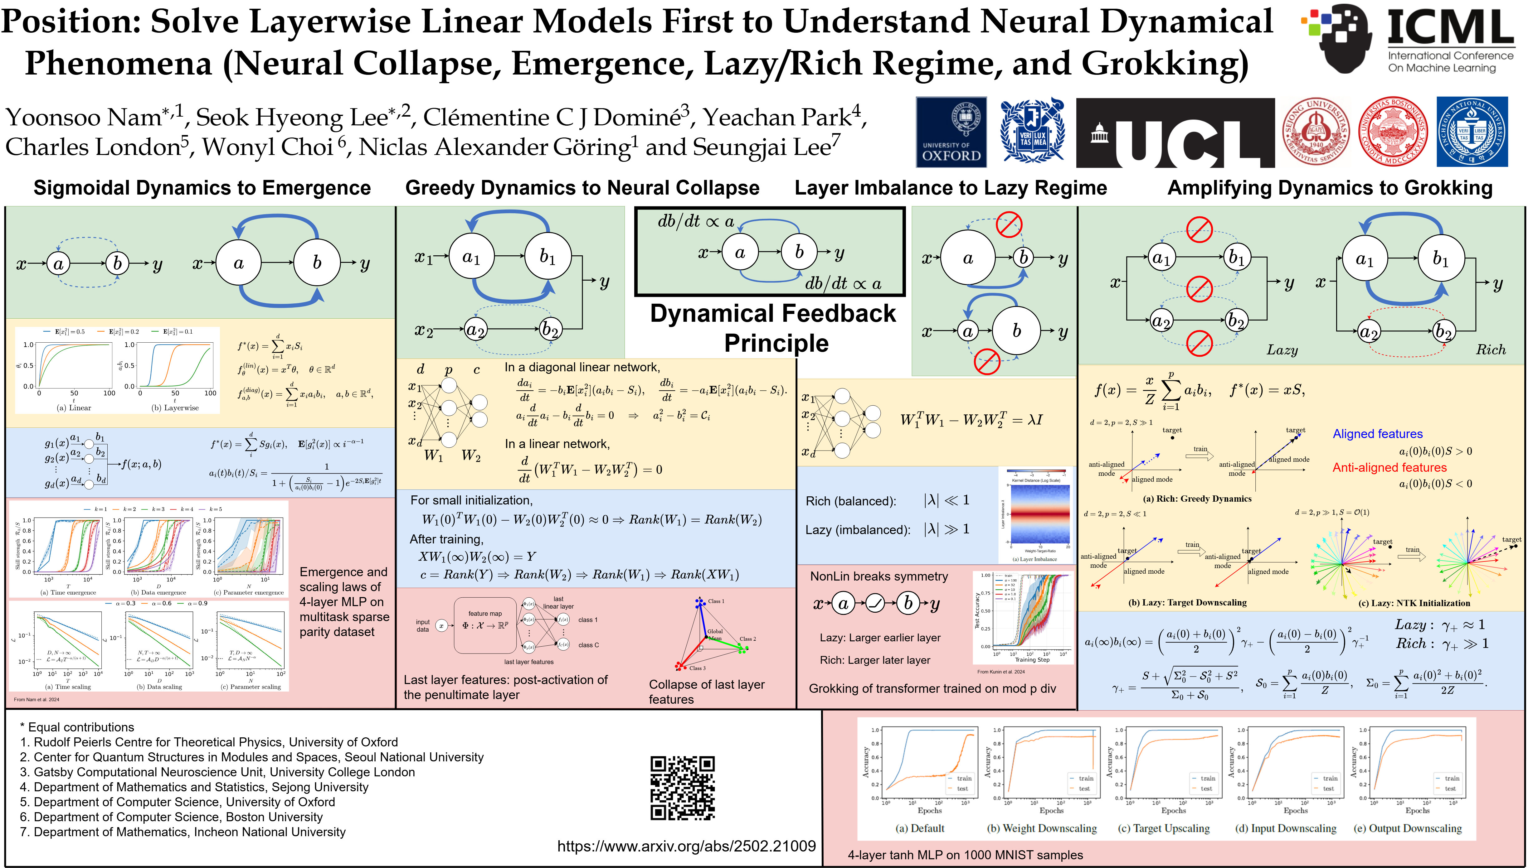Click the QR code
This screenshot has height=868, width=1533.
coord(682,788)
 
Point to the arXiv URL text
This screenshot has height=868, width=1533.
coord(686,846)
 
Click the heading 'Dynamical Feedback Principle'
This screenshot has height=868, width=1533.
coord(774,328)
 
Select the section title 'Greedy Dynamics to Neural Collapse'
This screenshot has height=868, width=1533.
coord(582,188)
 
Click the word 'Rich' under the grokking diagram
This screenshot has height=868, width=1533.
coord(1490,350)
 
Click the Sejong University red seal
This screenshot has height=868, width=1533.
coord(1316,132)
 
